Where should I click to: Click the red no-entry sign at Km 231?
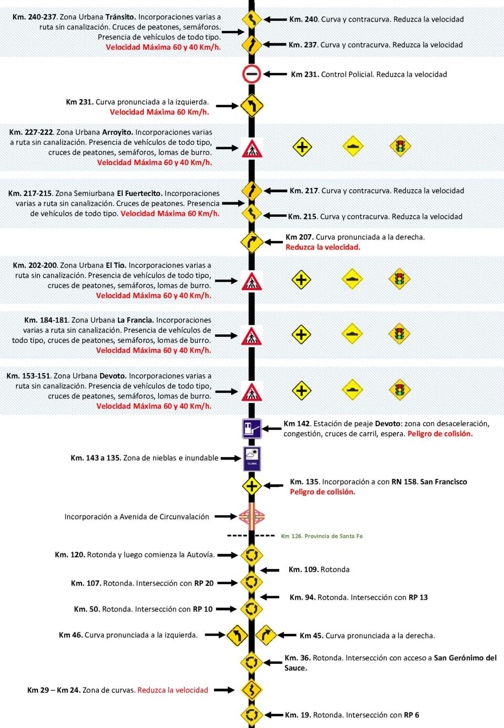pos(251,74)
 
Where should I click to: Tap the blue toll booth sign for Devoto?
pos(251,429)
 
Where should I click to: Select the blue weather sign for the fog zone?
pos(252,458)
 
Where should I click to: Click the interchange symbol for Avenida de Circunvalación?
pos(251,517)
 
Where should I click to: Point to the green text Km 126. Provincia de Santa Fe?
pos(322,536)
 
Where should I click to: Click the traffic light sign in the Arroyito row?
pos(400,147)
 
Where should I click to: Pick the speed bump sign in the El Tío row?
pos(352,279)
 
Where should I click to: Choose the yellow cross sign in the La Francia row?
pos(301,335)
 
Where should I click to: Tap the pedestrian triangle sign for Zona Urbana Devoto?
pos(251,392)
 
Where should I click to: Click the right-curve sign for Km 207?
pos(251,242)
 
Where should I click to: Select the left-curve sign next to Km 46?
pos(237,636)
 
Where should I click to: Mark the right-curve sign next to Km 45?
pos(266,636)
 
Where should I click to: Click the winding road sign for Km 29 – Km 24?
pos(251,690)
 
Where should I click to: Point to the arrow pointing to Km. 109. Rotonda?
pos(270,570)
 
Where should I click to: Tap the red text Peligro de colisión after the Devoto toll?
pos(440,434)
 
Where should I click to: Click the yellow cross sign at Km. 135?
pos(251,486)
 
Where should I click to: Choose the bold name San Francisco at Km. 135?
pos(444,482)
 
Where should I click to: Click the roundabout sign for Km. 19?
pos(251,715)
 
